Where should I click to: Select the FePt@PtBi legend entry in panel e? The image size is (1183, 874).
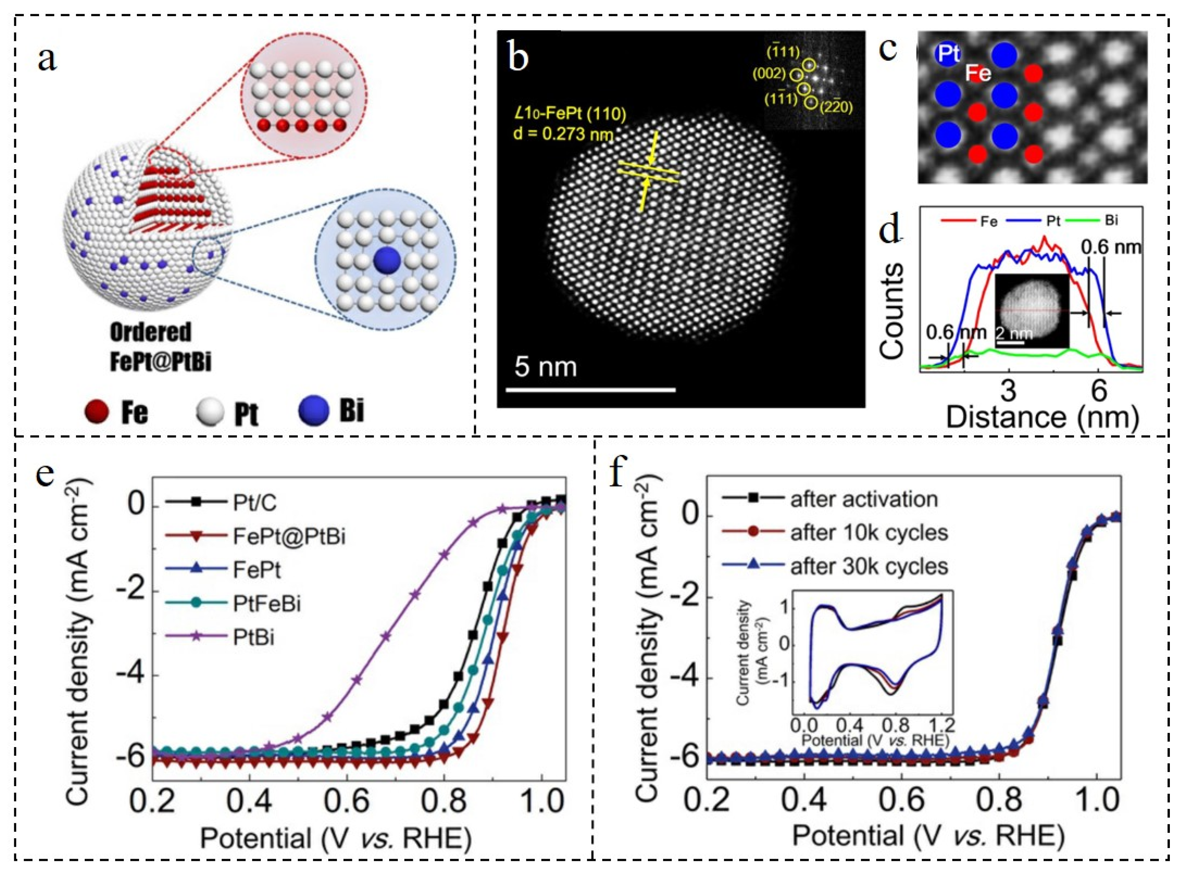(x=289, y=537)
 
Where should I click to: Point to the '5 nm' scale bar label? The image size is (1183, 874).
(x=546, y=366)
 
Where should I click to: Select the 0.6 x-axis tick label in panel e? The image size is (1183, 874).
(x=347, y=803)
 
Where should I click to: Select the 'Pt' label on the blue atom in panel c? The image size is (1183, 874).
(x=949, y=54)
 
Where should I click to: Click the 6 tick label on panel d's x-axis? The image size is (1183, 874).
(x=1099, y=391)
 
